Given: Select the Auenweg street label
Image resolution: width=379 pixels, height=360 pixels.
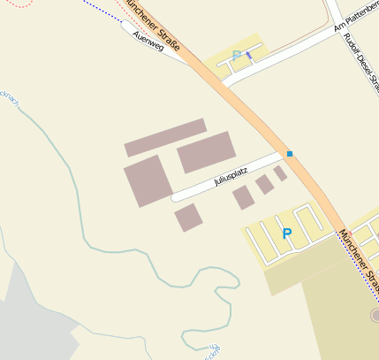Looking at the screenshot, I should (147, 40).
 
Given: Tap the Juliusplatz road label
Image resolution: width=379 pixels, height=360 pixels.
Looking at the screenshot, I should (231, 174).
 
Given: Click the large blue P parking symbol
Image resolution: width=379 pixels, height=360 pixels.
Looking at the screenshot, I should (286, 234).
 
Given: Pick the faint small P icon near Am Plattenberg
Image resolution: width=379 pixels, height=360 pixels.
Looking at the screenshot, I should (236, 56).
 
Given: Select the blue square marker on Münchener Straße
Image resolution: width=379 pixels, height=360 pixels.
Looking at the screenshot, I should (289, 154).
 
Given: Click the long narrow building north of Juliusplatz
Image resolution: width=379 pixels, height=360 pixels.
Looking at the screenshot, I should (165, 137).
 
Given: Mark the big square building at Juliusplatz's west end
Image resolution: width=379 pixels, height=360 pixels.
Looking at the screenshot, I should (148, 180).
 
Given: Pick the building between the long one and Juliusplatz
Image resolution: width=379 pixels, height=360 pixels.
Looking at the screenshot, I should (207, 152).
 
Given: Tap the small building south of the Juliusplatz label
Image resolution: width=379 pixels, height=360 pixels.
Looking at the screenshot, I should (188, 217).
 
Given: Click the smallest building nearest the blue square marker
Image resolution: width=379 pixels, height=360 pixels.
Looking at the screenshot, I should (280, 173).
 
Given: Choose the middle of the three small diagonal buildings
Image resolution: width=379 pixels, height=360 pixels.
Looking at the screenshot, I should (264, 184).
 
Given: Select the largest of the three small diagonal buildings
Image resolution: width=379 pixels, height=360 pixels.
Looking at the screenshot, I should (243, 197).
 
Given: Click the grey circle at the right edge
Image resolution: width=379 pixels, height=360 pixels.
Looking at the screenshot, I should (375, 315).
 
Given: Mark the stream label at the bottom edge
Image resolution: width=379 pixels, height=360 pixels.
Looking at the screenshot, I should (211, 352).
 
